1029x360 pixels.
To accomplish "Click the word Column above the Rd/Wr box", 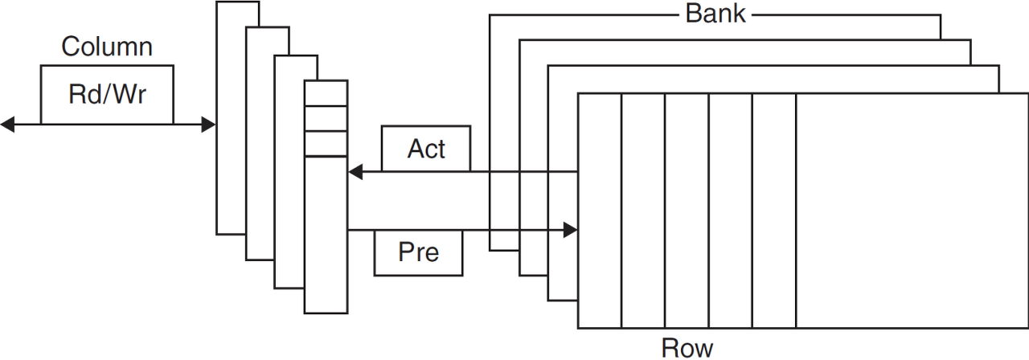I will [107, 47].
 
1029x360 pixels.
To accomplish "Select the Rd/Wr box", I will [107, 95].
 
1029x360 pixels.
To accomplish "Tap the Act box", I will [426, 149].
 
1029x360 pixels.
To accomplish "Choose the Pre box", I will [419, 252].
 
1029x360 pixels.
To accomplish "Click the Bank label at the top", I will [715, 14].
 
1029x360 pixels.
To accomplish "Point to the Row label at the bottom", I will [687, 347].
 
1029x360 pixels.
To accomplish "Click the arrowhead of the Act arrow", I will [355, 171].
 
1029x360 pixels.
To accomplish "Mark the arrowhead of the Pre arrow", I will [570, 231].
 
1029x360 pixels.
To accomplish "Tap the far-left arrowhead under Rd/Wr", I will [7, 125].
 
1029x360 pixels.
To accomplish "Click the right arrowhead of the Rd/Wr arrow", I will [208, 125].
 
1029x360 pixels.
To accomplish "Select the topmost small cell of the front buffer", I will [326, 92].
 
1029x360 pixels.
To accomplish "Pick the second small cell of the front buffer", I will [326, 118].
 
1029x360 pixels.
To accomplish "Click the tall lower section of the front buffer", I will [326, 233].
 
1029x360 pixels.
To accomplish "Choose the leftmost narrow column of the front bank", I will [600, 211].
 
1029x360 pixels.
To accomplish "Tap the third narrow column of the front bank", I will [687, 211].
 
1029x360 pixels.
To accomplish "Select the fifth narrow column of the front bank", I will [774, 211].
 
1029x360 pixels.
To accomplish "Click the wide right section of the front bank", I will [912, 211].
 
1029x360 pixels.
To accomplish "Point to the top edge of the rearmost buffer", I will [238, 2].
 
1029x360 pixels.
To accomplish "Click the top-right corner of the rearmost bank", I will [941, 14].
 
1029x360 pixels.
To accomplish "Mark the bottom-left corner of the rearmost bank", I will [490, 252].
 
